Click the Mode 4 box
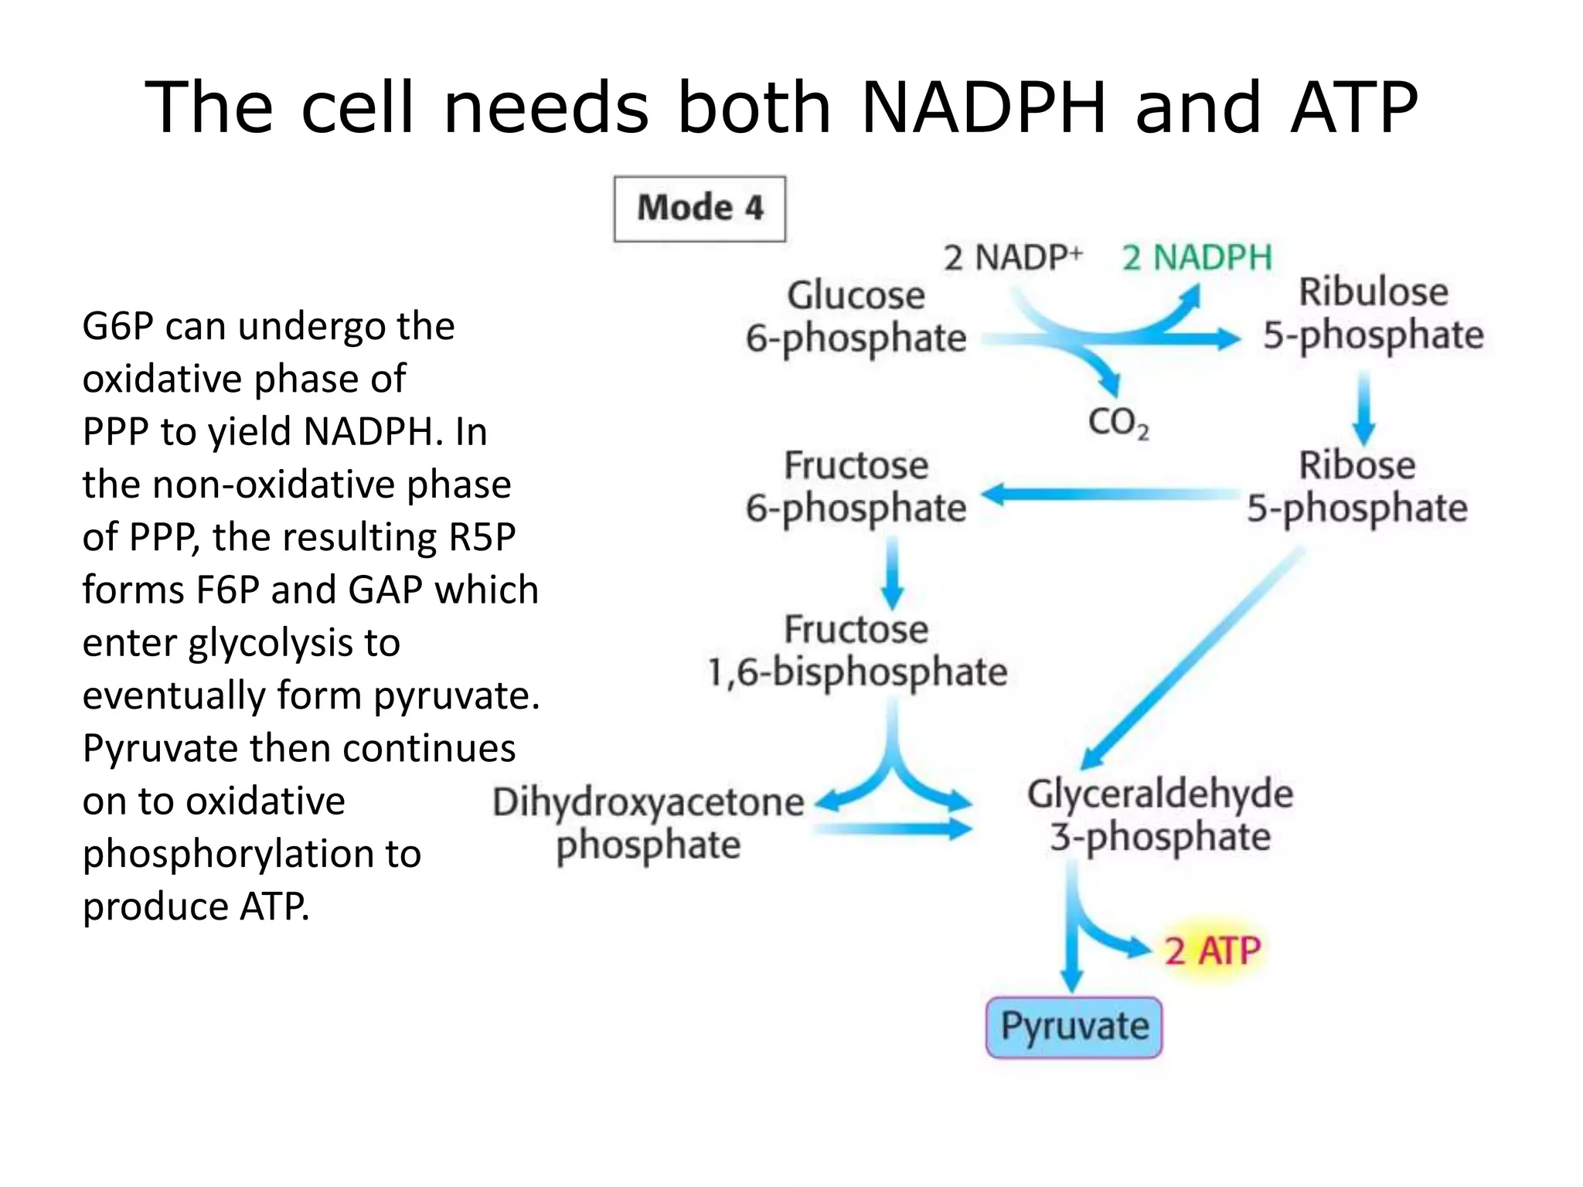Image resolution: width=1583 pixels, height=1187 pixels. coord(700,209)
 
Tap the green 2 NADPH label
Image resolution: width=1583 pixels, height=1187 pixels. coord(1197,257)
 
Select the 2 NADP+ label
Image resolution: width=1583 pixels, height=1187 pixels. coord(1013,257)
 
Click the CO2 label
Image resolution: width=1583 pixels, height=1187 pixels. coord(1118,423)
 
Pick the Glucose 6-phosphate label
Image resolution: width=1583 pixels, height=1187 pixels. coord(856,317)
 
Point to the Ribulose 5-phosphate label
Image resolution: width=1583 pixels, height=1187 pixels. coord(1373,314)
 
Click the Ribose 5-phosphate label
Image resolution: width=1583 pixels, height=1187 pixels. coord(1357,487)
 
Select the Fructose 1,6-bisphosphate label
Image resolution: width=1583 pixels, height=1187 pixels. coord(856,651)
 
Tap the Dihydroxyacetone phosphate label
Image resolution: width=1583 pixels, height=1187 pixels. coord(648,823)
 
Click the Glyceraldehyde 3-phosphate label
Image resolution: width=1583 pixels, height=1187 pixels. coord(1159,815)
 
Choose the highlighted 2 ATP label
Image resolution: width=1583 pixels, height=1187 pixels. coord(1212,951)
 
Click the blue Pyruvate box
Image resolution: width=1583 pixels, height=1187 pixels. coord(1074,1027)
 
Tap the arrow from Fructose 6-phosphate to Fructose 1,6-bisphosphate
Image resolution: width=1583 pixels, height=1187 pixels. coord(893,573)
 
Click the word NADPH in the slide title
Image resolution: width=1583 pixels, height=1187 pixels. coord(983,107)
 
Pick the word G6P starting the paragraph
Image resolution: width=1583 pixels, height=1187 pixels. coord(117,326)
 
